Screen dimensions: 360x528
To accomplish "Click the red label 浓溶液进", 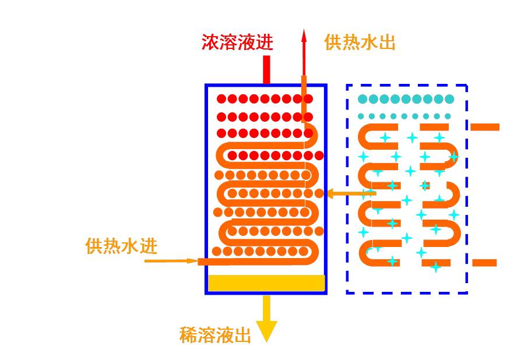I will [237, 42].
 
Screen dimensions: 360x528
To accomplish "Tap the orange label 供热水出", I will [360, 42].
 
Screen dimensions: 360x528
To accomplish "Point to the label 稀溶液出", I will [215, 335].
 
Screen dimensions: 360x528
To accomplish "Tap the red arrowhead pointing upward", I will [304, 36].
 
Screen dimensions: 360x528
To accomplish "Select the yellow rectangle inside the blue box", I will [266, 283].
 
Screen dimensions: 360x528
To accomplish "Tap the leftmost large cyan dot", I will [363, 99].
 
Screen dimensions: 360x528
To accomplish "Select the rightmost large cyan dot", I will [449, 99].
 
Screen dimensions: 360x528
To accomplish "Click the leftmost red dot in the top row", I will [220, 99].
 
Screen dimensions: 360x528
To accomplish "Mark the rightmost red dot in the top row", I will [308, 99].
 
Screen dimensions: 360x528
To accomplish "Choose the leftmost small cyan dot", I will [361, 116].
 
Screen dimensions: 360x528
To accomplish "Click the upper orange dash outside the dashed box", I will [485, 126].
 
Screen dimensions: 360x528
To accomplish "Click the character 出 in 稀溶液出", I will [242, 335].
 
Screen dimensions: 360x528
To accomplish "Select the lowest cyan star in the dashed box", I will [435, 267].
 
